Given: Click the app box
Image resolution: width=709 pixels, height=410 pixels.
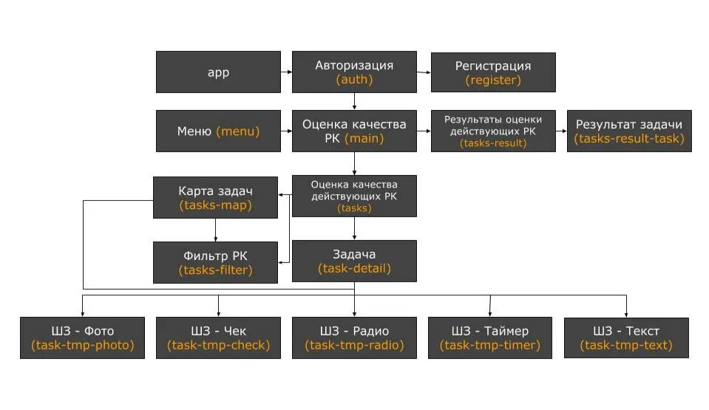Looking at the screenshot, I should tap(218, 72).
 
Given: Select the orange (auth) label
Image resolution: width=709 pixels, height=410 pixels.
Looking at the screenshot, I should tap(354, 79).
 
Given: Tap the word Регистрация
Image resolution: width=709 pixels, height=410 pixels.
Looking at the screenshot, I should tap(492, 66).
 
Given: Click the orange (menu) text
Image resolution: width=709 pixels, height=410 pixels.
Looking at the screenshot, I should tap(237, 131).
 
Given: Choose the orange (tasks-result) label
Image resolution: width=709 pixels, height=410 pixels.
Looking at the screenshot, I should tap(492, 143).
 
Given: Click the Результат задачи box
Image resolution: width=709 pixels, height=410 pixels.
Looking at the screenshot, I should tap(629, 131).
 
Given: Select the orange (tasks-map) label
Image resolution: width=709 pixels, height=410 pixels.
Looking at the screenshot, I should tap(215, 205).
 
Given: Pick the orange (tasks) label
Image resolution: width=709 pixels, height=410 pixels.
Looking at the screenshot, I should tap(354, 208).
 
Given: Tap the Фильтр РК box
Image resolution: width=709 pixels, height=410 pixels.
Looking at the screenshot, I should tap(215, 262).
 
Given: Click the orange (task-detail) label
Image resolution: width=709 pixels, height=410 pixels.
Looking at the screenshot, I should tap(354, 268).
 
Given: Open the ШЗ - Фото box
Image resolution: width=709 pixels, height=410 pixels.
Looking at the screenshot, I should tap(82, 338).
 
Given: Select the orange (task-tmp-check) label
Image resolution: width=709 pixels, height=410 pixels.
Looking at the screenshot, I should tap(218, 345).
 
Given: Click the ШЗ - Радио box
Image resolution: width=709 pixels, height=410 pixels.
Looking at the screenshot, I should tap(354, 338).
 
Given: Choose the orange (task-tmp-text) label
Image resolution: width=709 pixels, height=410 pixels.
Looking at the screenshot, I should tap(626, 345).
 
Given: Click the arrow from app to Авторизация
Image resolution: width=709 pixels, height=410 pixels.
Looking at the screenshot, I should tap(286, 72).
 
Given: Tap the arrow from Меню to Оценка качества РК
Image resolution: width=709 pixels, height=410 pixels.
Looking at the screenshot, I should tap(286, 131).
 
